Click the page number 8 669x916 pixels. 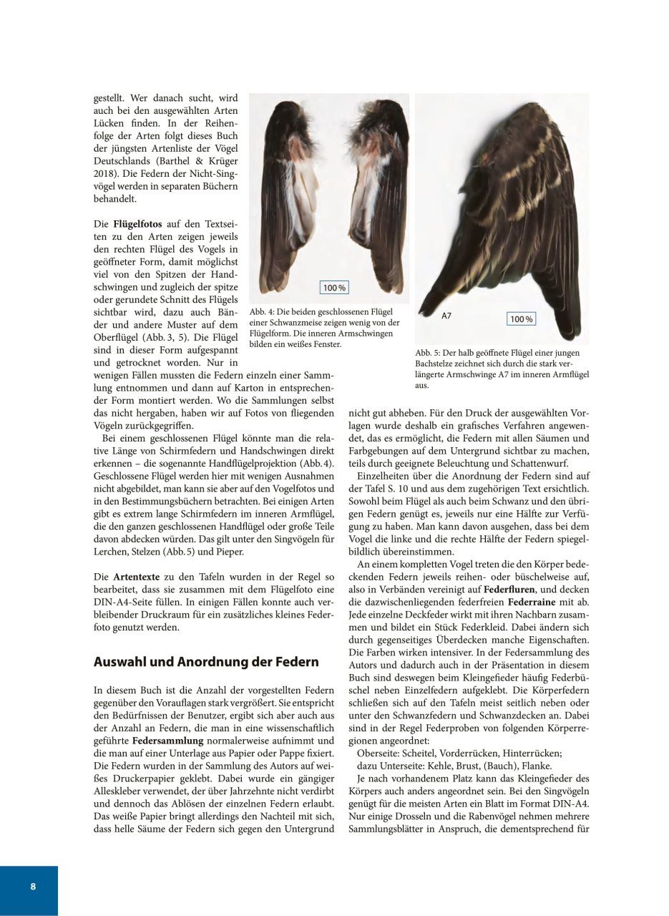point(33,886)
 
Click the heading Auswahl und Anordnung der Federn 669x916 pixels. point(206,662)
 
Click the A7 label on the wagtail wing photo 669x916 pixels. point(446,316)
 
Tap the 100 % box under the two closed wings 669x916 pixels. point(334,288)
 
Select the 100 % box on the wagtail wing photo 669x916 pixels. point(521,319)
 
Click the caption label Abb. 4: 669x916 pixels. point(263,313)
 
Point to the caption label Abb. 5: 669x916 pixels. point(429,354)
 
